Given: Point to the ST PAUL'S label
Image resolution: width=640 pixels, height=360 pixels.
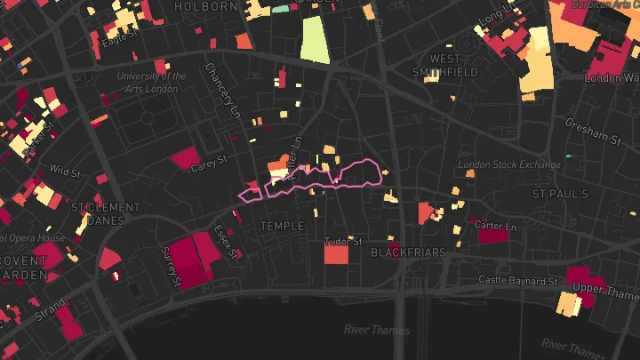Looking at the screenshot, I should pyautogui.click(x=560, y=193).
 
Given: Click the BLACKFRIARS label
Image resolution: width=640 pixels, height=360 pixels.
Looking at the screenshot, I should pyautogui.click(x=408, y=253).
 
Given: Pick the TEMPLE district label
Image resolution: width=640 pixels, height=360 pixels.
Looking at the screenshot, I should pyautogui.click(x=282, y=227).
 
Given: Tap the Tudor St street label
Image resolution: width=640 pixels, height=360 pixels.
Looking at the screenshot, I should pyautogui.click(x=343, y=241).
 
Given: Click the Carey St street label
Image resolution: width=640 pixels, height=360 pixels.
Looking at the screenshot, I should pyautogui.click(x=211, y=164).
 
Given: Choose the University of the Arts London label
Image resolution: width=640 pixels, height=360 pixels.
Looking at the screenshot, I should pyautogui.click(x=152, y=83).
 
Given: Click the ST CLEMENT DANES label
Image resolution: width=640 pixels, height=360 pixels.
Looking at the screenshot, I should pyautogui.click(x=105, y=213).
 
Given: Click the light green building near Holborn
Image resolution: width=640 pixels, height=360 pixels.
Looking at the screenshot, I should pyautogui.click(x=315, y=39).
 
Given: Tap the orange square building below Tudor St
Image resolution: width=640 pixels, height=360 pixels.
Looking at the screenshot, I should pyautogui.click(x=336, y=255).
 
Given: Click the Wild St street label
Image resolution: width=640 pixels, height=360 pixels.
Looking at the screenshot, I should pyautogui.click(x=64, y=169).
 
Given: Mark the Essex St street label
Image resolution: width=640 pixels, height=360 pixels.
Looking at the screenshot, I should pyautogui.click(x=225, y=243).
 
